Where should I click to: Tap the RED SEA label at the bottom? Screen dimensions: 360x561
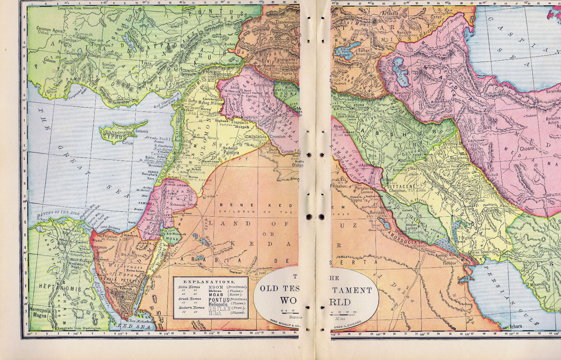point(129,326)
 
